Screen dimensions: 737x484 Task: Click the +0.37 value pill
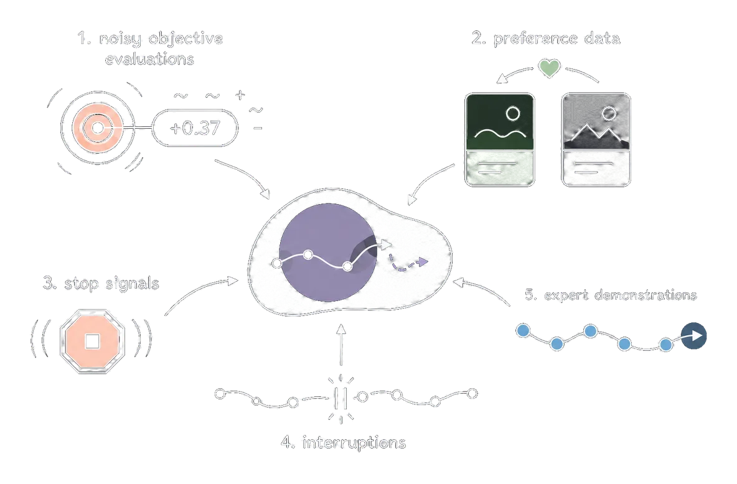(195, 128)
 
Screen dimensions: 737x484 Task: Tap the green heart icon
(549, 68)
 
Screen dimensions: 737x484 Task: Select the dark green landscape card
(500, 139)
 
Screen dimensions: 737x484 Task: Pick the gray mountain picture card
(596, 139)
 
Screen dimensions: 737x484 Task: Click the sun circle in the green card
(512, 113)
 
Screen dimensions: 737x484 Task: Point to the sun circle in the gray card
(609, 113)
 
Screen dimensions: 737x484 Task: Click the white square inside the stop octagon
(92, 342)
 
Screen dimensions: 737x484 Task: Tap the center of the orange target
(98, 128)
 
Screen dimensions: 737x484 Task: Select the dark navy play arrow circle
(694, 336)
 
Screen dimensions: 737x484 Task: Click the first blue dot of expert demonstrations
(523, 331)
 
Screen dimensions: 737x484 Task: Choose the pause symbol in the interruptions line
(340, 399)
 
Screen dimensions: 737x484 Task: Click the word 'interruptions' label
(354, 443)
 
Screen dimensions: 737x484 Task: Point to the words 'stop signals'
(112, 284)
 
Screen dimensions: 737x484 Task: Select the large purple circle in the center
(328, 253)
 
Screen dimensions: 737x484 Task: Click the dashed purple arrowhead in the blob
(423, 262)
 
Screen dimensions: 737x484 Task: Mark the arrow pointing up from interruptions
(341, 345)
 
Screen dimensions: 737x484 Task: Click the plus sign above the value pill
(240, 95)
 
